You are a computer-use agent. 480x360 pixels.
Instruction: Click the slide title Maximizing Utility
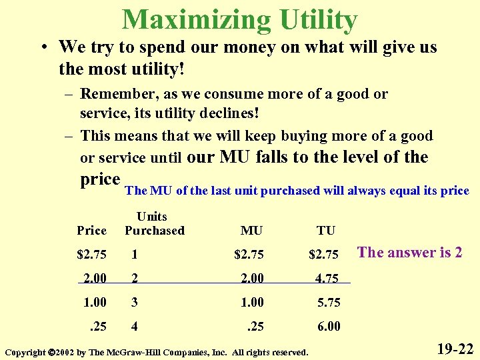(x=239, y=19)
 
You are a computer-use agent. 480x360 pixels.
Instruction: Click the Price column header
(x=91, y=231)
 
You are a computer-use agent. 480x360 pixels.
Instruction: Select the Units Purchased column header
(x=154, y=223)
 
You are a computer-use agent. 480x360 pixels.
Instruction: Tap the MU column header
(x=251, y=231)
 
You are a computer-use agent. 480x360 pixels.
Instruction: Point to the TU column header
(x=326, y=231)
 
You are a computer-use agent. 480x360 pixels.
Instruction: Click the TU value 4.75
(x=327, y=277)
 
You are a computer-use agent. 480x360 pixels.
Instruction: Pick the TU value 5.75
(x=329, y=302)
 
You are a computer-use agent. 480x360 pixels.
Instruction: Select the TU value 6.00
(x=329, y=326)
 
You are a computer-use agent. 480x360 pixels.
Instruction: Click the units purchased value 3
(x=135, y=302)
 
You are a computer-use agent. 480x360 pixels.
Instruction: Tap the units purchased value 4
(x=135, y=326)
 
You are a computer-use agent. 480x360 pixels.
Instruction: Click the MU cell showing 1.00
(x=253, y=302)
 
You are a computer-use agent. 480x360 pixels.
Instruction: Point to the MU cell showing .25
(x=255, y=326)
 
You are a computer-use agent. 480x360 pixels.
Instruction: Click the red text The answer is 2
(x=409, y=253)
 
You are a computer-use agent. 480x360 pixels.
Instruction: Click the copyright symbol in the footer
(x=51, y=352)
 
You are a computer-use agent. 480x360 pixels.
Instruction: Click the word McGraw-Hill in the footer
(x=131, y=352)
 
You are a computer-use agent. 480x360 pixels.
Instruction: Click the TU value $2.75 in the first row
(x=324, y=254)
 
